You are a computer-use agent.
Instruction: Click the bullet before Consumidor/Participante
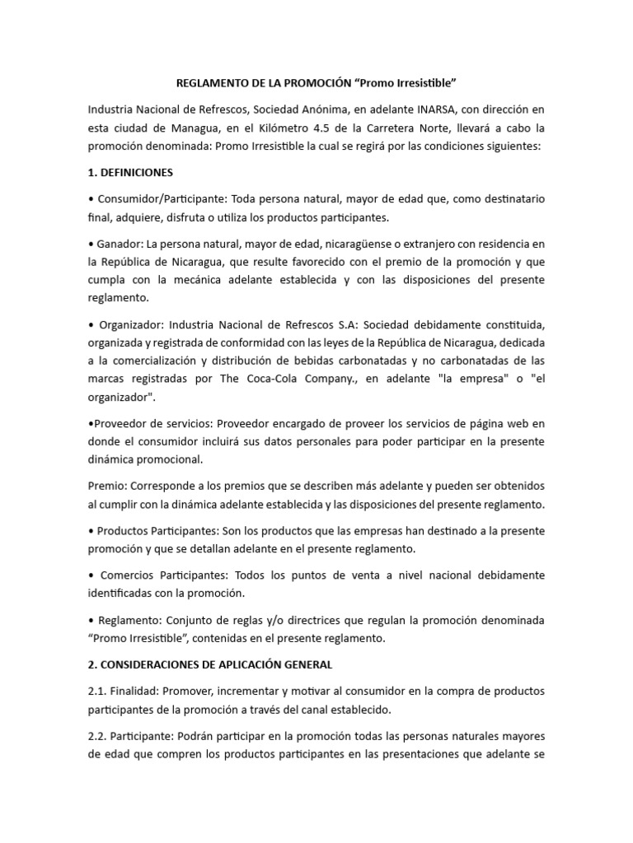coord(91,199)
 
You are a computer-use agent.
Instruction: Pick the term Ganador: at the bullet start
coord(120,244)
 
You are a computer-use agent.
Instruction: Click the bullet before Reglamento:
coord(91,618)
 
